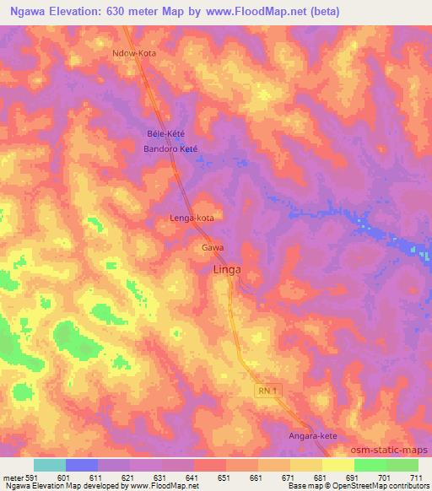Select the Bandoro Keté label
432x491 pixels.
[170, 148]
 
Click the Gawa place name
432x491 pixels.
[213, 248]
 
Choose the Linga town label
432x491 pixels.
[225, 270]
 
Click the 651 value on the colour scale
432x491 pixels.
[225, 477]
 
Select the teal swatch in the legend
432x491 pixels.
[50, 465]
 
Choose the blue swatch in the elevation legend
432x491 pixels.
[82, 465]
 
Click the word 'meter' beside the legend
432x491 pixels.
[11, 477]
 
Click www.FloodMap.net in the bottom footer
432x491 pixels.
[166, 486]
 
